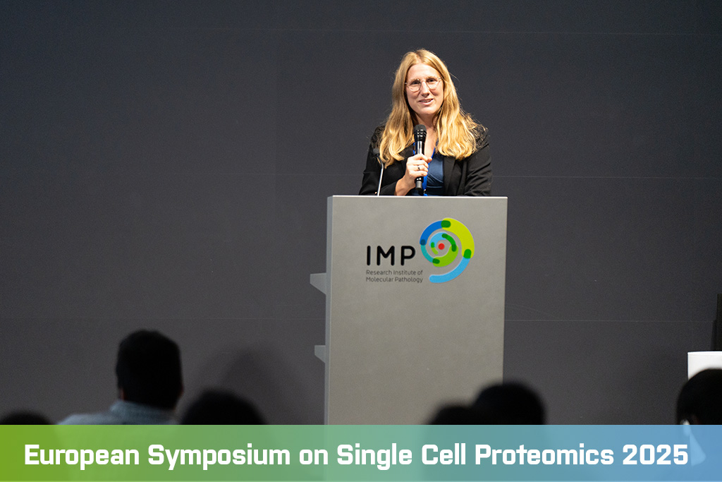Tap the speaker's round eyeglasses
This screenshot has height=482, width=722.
(x=423, y=84)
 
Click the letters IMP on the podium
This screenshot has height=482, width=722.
(x=391, y=255)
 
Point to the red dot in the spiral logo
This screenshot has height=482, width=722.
(x=441, y=246)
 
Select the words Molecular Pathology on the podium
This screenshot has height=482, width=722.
(x=394, y=279)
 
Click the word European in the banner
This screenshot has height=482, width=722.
(x=82, y=454)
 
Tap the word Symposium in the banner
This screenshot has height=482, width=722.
(x=219, y=456)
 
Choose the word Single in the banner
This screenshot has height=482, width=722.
(x=374, y=456)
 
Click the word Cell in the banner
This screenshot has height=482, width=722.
(x=443, y=454)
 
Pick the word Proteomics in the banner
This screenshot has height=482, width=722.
(x=544, y=454)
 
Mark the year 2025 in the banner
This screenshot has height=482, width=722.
(x=655, y=454)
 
